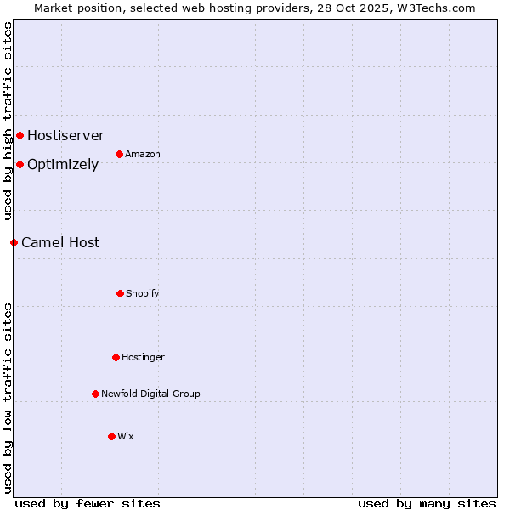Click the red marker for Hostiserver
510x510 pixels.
tap(20, 135)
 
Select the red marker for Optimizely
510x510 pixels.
tap(20, 164)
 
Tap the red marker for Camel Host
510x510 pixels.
tap(14, 242)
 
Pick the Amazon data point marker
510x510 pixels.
tap(119, 154)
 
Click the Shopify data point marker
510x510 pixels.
tap(120, 293)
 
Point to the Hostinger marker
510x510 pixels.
tap(116, 357)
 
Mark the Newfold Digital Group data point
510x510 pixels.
tap(95, 394)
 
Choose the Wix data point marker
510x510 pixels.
tap(111, 436)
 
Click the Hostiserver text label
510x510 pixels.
tap(65, 135)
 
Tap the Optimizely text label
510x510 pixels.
tap(63, 164)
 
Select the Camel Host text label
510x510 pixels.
tap(60, 242)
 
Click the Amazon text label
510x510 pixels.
tap(143, 154)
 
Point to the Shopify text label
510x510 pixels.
tap(143, 293)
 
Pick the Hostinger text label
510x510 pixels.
tap(143, 357)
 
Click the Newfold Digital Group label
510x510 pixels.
tap(150, 394)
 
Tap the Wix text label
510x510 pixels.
tap(126, 436)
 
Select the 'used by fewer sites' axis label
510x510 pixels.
tap(88, 503)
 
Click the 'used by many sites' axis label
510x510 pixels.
tap(427, 503)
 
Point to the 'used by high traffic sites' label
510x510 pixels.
tap(8, 121)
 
